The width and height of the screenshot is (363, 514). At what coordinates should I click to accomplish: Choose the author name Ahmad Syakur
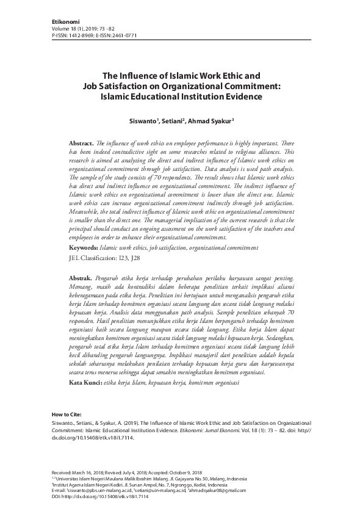(x=211, y=121)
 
